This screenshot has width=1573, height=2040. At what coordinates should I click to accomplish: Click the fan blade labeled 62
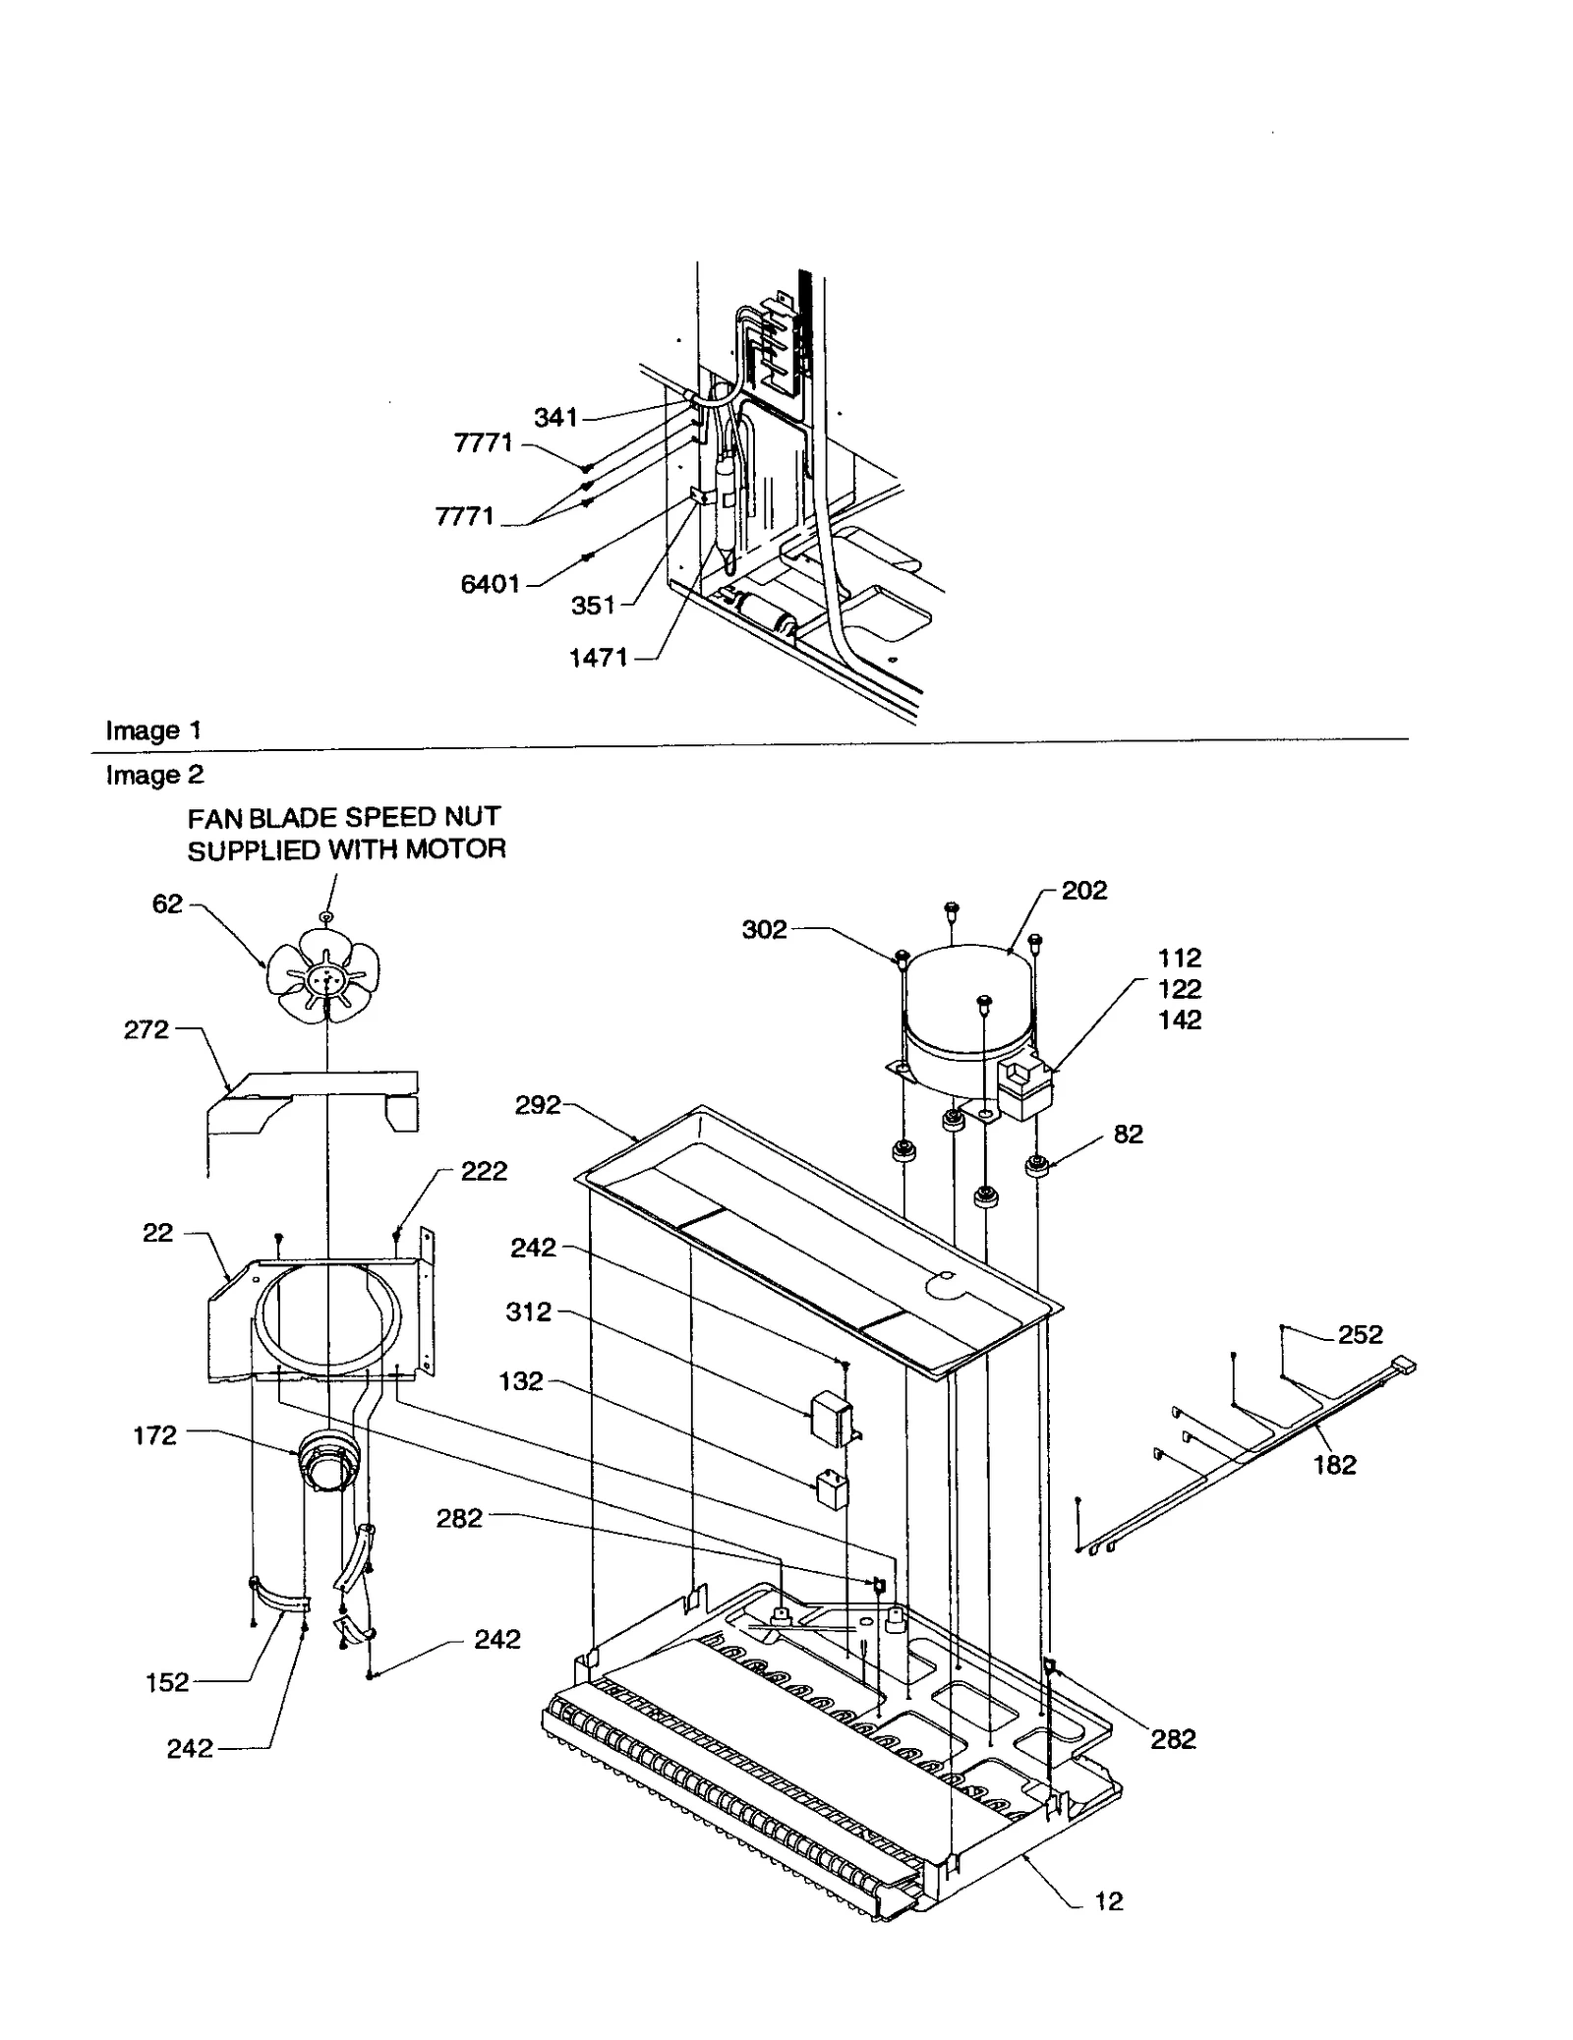(x=324, y=978)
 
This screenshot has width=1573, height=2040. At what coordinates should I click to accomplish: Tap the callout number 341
(x=555, y=418)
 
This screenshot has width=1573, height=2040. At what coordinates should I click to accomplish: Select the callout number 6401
(x=490, y=584)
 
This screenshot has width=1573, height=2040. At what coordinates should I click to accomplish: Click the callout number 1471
(x=599, y=658)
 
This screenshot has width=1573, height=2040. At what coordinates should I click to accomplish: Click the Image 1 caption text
(x=153, y=730)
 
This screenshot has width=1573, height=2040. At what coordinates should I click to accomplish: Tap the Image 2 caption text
(x=154, y=775)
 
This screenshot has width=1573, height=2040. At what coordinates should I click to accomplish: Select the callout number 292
(x=538, y=1105)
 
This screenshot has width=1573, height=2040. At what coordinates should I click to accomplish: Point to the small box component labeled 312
(x=829, y=1420)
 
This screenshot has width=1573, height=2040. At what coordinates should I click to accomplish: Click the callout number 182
(x=1334, y=1465)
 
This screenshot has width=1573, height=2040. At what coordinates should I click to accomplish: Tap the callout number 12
(x=1108, y=1901)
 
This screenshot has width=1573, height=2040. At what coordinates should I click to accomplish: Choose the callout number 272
(x=146, y=1029)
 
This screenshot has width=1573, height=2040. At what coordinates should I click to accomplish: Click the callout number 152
(x=167, y=1682)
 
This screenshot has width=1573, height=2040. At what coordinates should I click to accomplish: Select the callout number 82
(x=1128, y=1134)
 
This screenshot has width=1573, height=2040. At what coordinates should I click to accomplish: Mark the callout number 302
(x=764, y=929)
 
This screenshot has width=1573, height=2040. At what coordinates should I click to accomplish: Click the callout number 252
(x=1360, y=1334)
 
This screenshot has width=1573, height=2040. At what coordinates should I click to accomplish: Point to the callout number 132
(x=521, y=1381)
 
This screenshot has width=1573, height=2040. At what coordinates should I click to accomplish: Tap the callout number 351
(x=593, y=605)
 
